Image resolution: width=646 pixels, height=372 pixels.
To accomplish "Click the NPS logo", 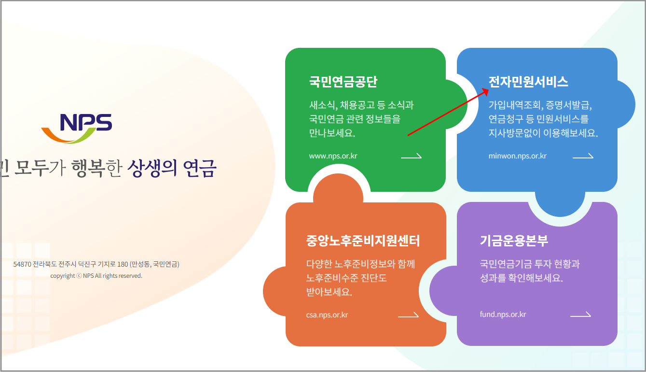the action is pos(77,128).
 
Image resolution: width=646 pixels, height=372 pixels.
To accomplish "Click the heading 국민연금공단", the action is pos(343,81).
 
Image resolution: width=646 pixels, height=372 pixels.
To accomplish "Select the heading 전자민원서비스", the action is pos(528,81).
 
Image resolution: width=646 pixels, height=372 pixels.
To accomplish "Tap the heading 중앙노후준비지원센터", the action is pos(363,240).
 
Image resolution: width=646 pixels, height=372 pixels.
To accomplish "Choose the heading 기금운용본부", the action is pos(514,240).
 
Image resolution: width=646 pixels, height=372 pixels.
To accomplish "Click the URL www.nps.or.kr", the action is pos(333,156).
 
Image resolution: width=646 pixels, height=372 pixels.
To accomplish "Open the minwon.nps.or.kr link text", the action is pos(517,156).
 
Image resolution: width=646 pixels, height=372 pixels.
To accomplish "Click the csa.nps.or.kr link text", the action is pos(327,315).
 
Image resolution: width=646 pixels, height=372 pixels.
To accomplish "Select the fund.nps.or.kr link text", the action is pos(503,315).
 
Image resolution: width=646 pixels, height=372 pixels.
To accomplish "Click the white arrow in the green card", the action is pos(411,156).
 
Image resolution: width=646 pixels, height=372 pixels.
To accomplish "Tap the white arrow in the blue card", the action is pos(583,156).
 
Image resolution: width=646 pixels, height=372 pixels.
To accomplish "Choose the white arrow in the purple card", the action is pos(580,315).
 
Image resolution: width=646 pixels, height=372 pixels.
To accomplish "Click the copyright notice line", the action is pos(96,276).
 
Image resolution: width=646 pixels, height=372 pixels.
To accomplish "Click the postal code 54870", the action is pos(22,265).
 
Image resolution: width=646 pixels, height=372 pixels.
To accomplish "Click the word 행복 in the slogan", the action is pos(87,168).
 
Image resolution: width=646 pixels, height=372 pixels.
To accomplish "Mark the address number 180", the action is pos(123,265).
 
